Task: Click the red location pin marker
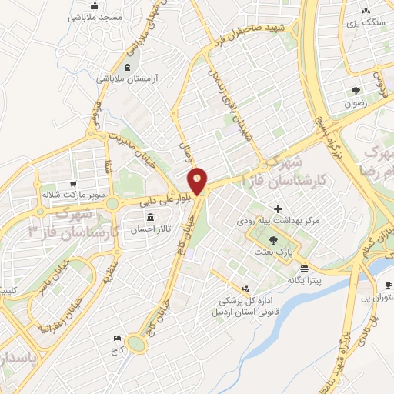198,181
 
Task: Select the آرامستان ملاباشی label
126,78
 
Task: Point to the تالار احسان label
149,229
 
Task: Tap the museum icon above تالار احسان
149,216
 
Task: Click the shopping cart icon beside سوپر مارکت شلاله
72,185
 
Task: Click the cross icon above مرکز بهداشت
278,208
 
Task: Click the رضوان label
355,102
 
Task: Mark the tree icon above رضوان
355,90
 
